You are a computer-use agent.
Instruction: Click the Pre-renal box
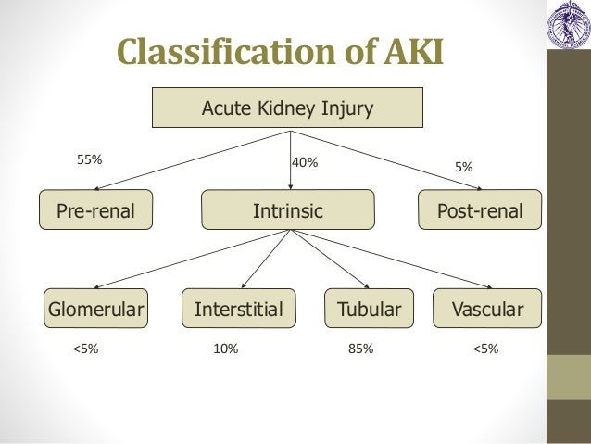point(96,210)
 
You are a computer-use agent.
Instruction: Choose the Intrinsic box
point(288,211)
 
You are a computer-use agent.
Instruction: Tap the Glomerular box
point(96,309)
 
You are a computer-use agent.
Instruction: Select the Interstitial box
point(238,309)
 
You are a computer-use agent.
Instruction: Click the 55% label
point(89,159)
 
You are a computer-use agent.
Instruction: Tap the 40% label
point(305,162)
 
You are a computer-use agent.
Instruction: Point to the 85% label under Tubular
point(361,349)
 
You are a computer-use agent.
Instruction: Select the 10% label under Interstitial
point(225,349)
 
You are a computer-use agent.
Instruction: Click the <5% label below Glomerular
point(85,349)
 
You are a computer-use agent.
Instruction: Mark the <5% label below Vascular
point(485,349)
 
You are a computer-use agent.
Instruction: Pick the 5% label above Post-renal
point(463,167)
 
